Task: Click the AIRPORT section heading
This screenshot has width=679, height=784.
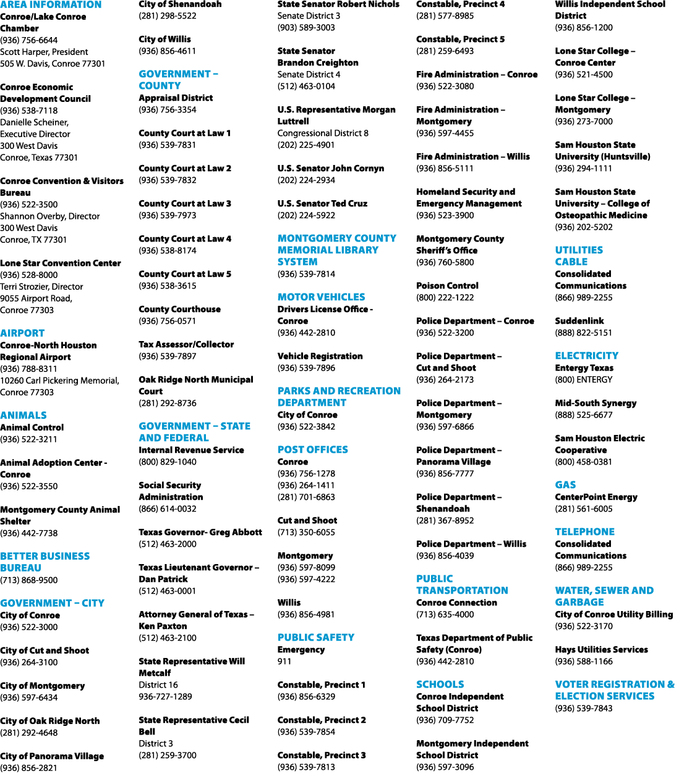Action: pyautogui.click(x=22, y=333)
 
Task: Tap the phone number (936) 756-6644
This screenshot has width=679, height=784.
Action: pyautogui.click(x=29, y=40)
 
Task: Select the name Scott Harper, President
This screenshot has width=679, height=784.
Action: pyautogui.click(x=44, y=52)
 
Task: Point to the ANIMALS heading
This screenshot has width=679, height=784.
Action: pyautogui.click(x=23, y=415)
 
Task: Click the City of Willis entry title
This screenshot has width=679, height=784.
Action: pyautogui.click(x=165, y=39)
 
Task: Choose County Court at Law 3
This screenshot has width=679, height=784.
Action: pyautogui.click(x=185, y=203)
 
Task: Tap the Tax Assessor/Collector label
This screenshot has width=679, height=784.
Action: pyautogui.click(x=186, y=344)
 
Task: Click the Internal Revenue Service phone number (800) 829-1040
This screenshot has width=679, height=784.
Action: pyautogui.click(x=168, y=462)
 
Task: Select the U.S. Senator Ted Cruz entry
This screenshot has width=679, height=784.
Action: pyautogui.click(x=322, y=203)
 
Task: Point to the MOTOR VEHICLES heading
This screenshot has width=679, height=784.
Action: pyautogui.click(x=322, y=297)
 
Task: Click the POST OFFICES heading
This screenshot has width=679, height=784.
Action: pyautogui.click(x=312, y=450)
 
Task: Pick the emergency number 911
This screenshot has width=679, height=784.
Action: pyautogui.click(x=284, y=661)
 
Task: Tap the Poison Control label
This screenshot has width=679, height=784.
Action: pyautogui.click(x=447, y=285)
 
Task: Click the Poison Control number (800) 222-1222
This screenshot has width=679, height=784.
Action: pyautogui.click(x=445, y=297)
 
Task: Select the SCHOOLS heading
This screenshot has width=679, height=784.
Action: pyautogui.click(x=440, y=685)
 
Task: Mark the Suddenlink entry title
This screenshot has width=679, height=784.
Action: pyautogui.click(x=579, y=321)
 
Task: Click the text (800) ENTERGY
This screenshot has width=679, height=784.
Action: pyautogui.click(x=584, y=379)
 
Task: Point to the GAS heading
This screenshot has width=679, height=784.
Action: pyautogui.click(x=565, y=485)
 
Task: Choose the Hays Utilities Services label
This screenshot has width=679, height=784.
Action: pyautogui.click(x=602, y=649)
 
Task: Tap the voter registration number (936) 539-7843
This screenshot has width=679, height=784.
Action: pyautogui.click(x=584, y=708)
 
